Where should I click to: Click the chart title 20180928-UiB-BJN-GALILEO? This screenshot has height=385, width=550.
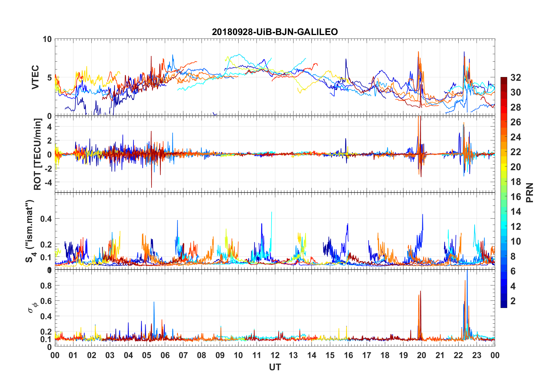click(x=275, y=32)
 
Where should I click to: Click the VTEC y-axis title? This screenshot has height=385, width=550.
click(x=35, y=77)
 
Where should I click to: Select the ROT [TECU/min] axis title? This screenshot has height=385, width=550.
click(x=38, y=154)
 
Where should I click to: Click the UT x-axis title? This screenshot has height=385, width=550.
click(x=275, y=367)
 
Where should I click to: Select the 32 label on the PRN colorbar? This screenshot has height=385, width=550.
click(x=516, y=78)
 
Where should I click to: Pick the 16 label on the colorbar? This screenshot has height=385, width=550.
click(x=516, y=197)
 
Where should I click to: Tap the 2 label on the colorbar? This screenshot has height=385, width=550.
click(x=513, y=301)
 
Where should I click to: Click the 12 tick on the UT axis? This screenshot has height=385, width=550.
click(x=275, y=355)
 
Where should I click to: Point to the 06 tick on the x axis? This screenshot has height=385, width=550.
click(x=165, y=355)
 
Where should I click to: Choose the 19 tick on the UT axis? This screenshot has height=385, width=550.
click(x=403, y=355)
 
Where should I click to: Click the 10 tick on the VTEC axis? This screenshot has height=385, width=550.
click(x=47, y=39)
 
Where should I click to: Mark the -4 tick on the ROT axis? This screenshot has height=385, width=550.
click(x=47, y=182)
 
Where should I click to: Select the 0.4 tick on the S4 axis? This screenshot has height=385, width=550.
click(x=46, y=219)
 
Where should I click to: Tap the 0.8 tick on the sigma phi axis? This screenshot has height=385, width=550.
click(x=46, y=285)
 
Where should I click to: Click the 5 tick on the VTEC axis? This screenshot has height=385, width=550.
click(x=49, y=78)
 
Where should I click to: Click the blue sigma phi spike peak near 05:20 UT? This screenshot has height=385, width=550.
click(x=154, y=302)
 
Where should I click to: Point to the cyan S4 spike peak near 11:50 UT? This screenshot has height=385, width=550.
click(x=272, y=212)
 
